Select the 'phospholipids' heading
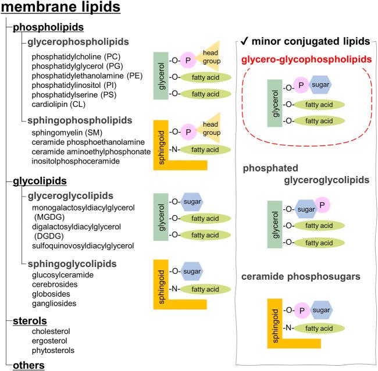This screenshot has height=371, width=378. [x=49, y=27]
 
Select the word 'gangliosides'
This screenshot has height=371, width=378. [x=55, y=303]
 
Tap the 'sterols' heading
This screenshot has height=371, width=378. [x=30, y=321]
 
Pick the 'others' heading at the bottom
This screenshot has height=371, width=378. [x=28, y=365]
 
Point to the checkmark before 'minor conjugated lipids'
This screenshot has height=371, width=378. [x=246, y=41]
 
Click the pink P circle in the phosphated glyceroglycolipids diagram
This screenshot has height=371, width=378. [x=323, y=205]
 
